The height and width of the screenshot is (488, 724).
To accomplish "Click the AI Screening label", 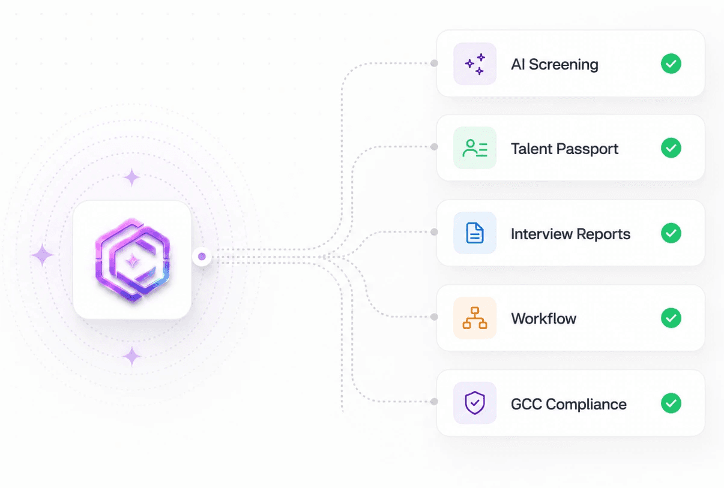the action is (555, 64).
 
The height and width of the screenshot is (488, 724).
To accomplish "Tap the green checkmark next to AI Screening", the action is (671, 64).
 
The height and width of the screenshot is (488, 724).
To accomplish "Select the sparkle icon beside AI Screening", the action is (475, 64).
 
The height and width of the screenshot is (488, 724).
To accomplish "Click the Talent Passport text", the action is (564, 149).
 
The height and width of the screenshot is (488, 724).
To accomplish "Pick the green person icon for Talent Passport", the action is (475, 148).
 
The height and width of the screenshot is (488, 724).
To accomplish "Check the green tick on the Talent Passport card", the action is (671, 148).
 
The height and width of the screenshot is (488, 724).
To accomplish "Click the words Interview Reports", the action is (570, 234).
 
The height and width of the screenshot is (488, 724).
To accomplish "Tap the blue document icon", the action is (475, 233).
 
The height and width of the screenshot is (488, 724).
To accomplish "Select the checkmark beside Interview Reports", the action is (671, 233).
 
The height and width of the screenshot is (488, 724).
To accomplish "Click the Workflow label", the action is (544, 318).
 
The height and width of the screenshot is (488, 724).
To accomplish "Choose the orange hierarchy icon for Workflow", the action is (475, 318).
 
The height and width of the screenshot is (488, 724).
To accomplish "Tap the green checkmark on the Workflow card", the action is (671, 318).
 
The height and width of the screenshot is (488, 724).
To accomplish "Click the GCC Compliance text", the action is (569, 404).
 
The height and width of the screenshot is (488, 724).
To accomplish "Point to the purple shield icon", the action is (475, 403).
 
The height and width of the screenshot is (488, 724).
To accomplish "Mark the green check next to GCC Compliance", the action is (671, 403).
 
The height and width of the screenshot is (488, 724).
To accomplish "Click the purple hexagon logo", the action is (133, 260).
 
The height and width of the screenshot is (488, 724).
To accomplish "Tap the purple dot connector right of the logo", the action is (202, 257).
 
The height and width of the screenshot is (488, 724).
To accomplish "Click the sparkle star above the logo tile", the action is (132, 177).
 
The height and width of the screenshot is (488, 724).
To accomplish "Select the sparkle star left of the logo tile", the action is (43, 255).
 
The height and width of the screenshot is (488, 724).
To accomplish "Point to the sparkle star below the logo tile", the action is (132, 357).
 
